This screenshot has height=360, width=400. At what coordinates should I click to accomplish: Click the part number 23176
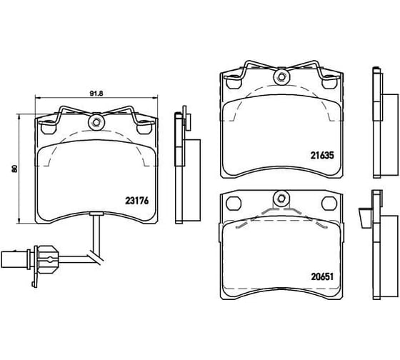click(x=136, y=201)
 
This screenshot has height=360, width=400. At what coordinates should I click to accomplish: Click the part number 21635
click(x=322, y=156)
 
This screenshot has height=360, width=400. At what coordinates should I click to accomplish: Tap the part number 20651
click(x=322, y=276)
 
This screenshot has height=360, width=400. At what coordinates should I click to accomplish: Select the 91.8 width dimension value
click(x=96, y=94)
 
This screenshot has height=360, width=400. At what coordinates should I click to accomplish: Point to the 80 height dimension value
click(x=14, y=169)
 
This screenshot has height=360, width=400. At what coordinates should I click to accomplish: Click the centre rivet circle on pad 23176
click(x=96, y=122)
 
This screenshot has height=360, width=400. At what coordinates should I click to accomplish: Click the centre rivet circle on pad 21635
click(x=281, y=76)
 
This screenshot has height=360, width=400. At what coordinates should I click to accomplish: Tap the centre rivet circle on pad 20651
click(x=281, y=199)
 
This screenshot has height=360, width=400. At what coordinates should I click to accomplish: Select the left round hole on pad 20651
click(x=234, y=204)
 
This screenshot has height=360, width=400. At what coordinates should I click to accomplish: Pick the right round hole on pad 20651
click(x=329, y=204)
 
